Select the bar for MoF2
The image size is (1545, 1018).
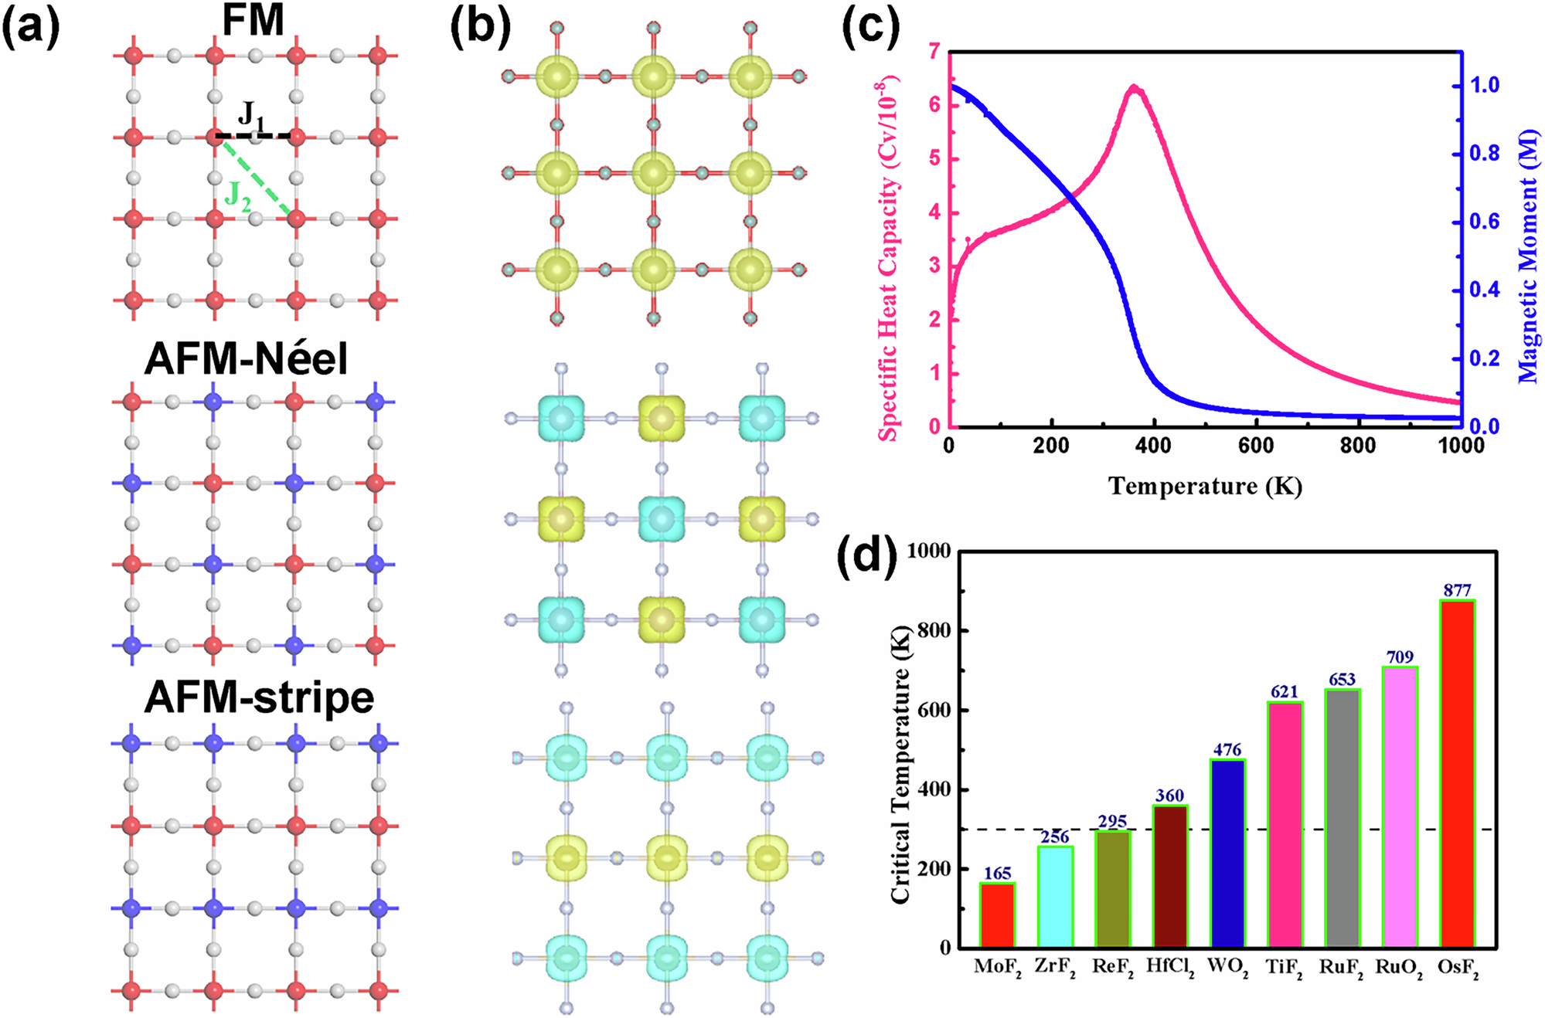[x=997, y=915]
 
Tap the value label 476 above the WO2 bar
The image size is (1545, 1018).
[x=1227, y=749]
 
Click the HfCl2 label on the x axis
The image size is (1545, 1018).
[x=1170, y=967]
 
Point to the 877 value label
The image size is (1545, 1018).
[x=1457, y=590]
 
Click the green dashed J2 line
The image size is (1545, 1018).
[x=255, y=176]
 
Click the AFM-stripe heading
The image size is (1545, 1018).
[x=259, y=697]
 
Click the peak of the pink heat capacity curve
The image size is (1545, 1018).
[x=1134, y=87]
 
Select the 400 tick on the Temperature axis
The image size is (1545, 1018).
[x=1153, y=446]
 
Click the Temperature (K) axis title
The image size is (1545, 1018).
[x=1205, y=486]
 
